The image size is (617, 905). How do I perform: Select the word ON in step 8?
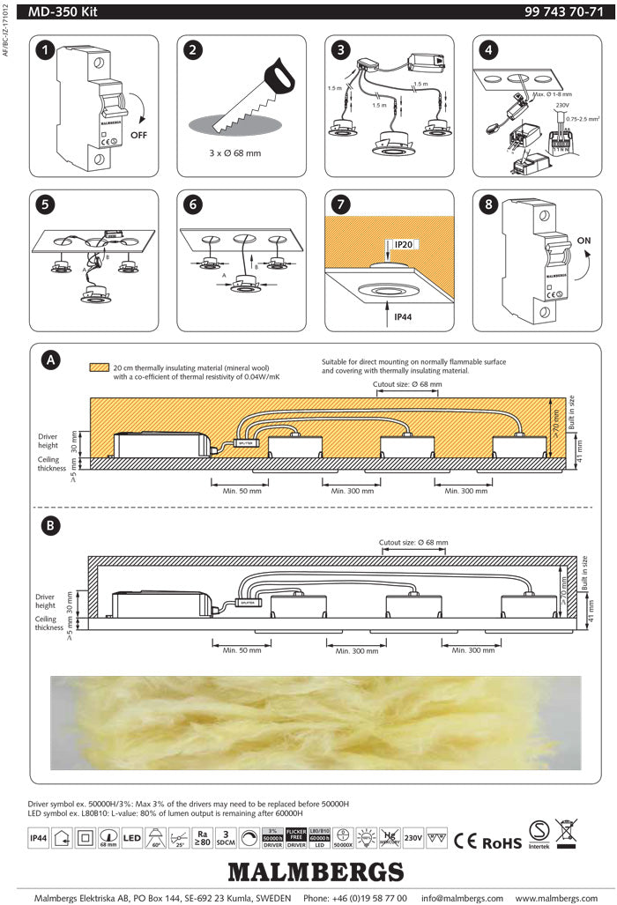583,238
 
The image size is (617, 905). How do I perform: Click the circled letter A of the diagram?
53,360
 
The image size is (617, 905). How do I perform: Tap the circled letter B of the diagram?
53,525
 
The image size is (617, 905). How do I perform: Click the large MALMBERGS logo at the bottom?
316,872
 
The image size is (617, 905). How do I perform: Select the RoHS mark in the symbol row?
502,842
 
